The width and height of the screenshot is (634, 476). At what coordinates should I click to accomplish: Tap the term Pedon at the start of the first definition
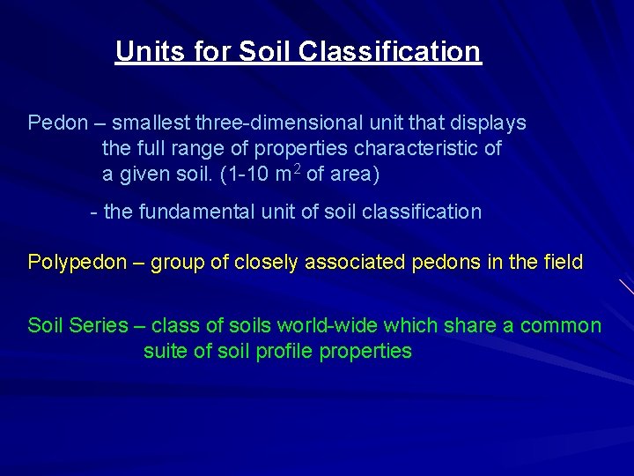56,123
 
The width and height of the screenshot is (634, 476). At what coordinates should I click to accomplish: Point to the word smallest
151,123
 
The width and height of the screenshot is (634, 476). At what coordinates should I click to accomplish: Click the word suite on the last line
164,351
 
